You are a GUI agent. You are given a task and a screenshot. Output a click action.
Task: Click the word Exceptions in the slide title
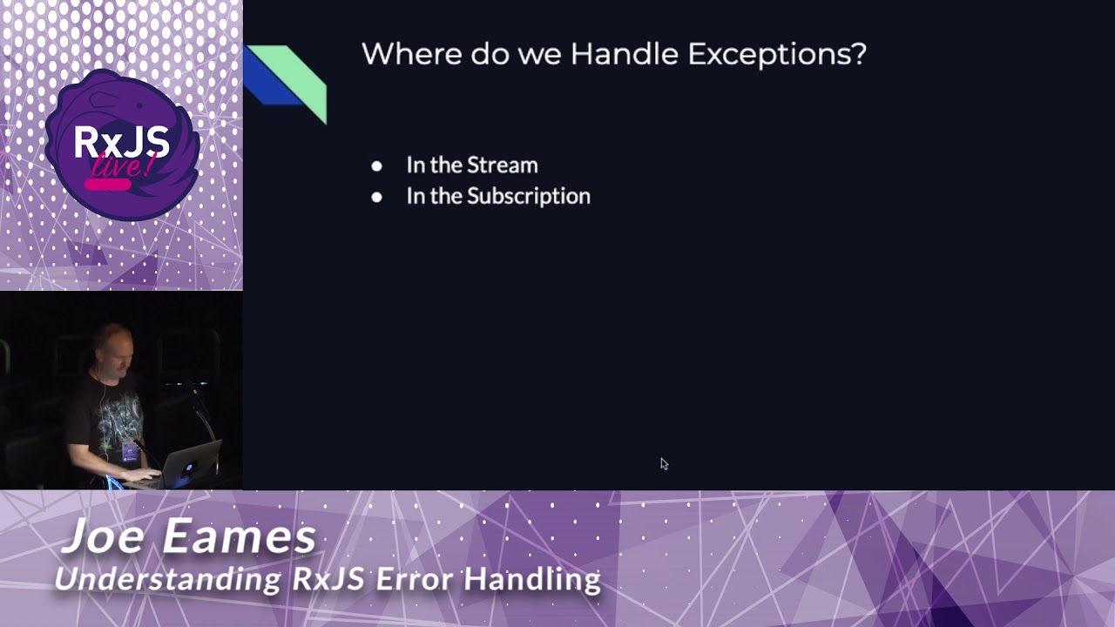pos(777,54)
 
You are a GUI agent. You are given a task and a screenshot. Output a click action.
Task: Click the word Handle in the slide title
pos(624,54)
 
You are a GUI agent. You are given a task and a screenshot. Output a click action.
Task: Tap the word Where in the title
pos(411,54)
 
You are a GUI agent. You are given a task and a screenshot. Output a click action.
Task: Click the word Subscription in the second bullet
pos(529,196)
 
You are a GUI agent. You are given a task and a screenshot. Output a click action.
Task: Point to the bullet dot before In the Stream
pos(376,166)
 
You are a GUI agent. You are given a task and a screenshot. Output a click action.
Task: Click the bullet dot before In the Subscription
pos(376,197)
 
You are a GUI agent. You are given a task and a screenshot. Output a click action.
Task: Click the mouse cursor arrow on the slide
pos(664,464)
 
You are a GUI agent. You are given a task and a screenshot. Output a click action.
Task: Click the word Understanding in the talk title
pos(168,578)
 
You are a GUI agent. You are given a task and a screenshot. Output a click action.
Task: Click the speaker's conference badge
pos(130,451)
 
